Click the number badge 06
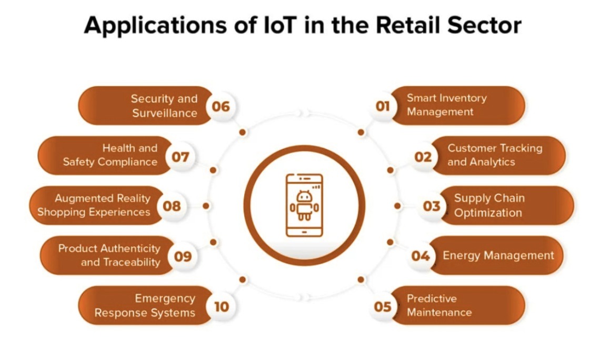point(221,106)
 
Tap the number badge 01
point(382,106)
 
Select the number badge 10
point(221,306)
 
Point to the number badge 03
point(431,206)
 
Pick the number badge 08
point(172,206)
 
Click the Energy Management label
point(498,256)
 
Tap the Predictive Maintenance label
point(439,305)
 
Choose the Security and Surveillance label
point(165,106)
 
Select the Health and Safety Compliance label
point(110,155)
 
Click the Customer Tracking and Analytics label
point(495,155)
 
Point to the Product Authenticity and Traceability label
point(109,255)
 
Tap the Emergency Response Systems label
point(145,305)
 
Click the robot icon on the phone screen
point(304,206)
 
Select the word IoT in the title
point(280,25)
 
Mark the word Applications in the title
point(155,26)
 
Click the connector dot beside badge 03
point(397,206)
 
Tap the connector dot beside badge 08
point(206,206)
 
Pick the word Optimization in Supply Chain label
point(488,213)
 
